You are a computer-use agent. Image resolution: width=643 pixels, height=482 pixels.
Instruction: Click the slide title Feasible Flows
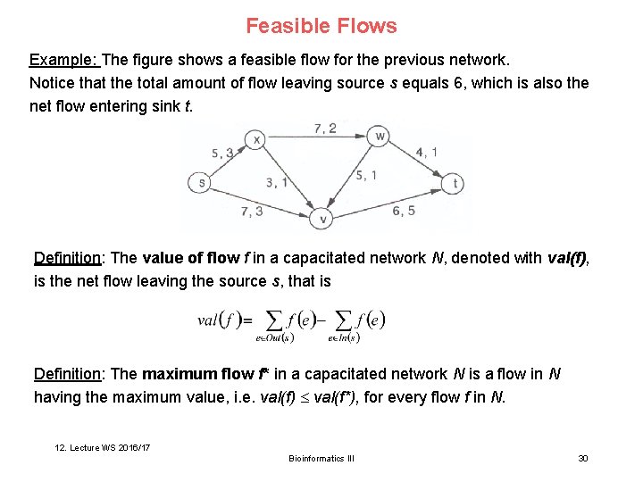321,26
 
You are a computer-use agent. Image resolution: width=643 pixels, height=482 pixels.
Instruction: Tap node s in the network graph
201,183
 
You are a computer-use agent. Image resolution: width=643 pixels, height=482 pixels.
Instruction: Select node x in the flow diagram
257,139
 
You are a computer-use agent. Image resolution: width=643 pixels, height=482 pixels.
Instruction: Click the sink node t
455,183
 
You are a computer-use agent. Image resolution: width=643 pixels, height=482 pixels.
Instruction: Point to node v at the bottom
323,218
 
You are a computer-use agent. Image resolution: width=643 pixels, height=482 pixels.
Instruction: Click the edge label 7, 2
325,129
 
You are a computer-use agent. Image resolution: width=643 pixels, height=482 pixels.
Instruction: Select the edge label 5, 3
222,153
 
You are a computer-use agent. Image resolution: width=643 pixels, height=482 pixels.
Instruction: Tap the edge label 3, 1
277,183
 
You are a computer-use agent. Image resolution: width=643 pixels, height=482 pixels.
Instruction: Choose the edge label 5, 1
365,175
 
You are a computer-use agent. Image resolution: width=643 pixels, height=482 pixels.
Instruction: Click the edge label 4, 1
427,152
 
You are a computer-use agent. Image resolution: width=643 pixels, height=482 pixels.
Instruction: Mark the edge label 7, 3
252,212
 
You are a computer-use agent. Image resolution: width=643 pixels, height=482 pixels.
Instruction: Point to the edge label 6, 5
404,211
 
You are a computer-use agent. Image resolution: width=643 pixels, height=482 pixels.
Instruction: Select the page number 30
583,458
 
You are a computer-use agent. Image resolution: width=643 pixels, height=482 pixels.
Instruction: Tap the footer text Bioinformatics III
321,458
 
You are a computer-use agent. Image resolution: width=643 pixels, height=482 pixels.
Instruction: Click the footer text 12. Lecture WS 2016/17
100,446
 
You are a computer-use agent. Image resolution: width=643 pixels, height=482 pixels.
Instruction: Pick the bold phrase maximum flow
196,374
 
